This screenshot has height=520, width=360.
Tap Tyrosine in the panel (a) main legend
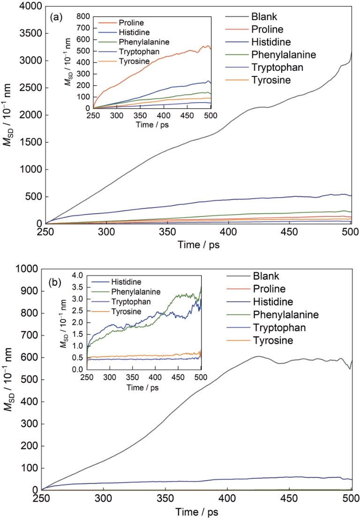click(x=271, y=81)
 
